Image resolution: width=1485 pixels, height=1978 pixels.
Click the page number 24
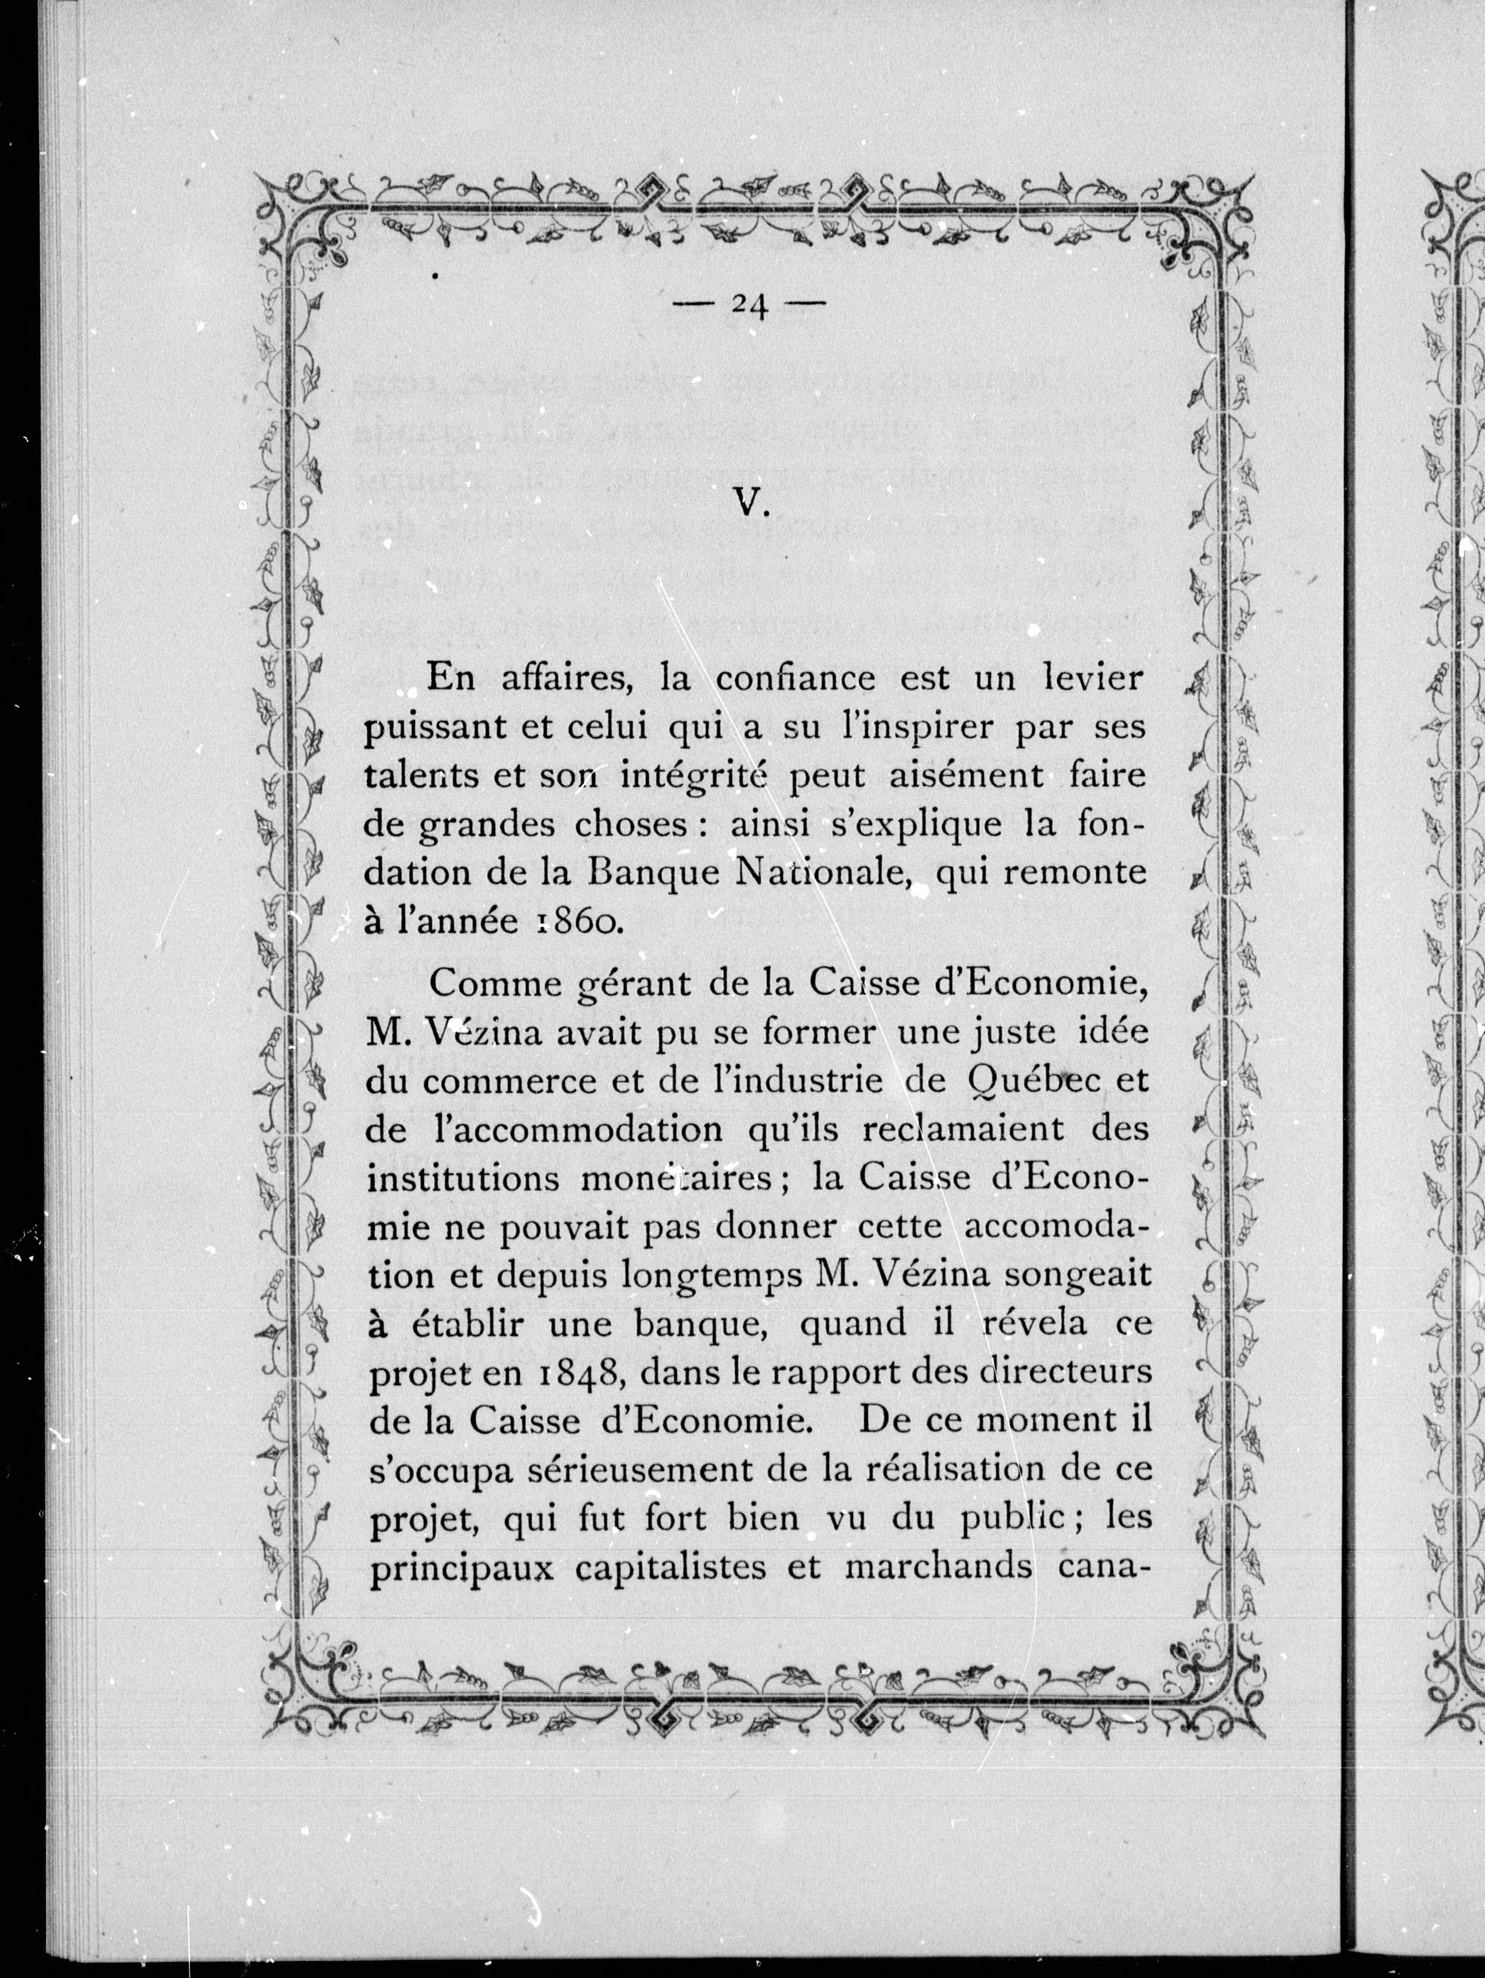[x=750, y=307]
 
